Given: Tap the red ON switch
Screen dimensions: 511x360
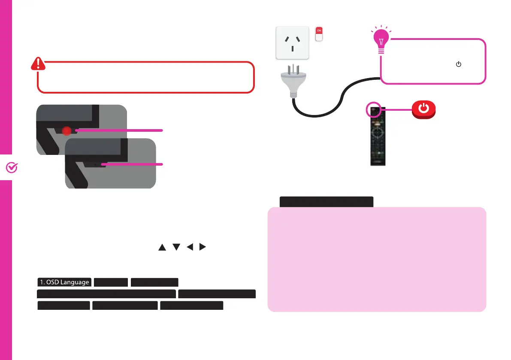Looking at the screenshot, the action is (x=318, y=34).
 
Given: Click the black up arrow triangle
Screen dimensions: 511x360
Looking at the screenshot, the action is (x=162, y=247).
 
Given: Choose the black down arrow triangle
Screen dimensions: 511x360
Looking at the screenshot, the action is (x=175, y=247).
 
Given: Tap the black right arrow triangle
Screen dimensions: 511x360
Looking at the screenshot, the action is (x=203, y=247).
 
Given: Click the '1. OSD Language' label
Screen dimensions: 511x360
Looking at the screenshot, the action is (x=64, y=282).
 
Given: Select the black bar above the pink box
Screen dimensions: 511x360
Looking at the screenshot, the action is (x=326, y=202).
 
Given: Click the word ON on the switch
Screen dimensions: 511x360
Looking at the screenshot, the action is (x=318, y=30).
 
